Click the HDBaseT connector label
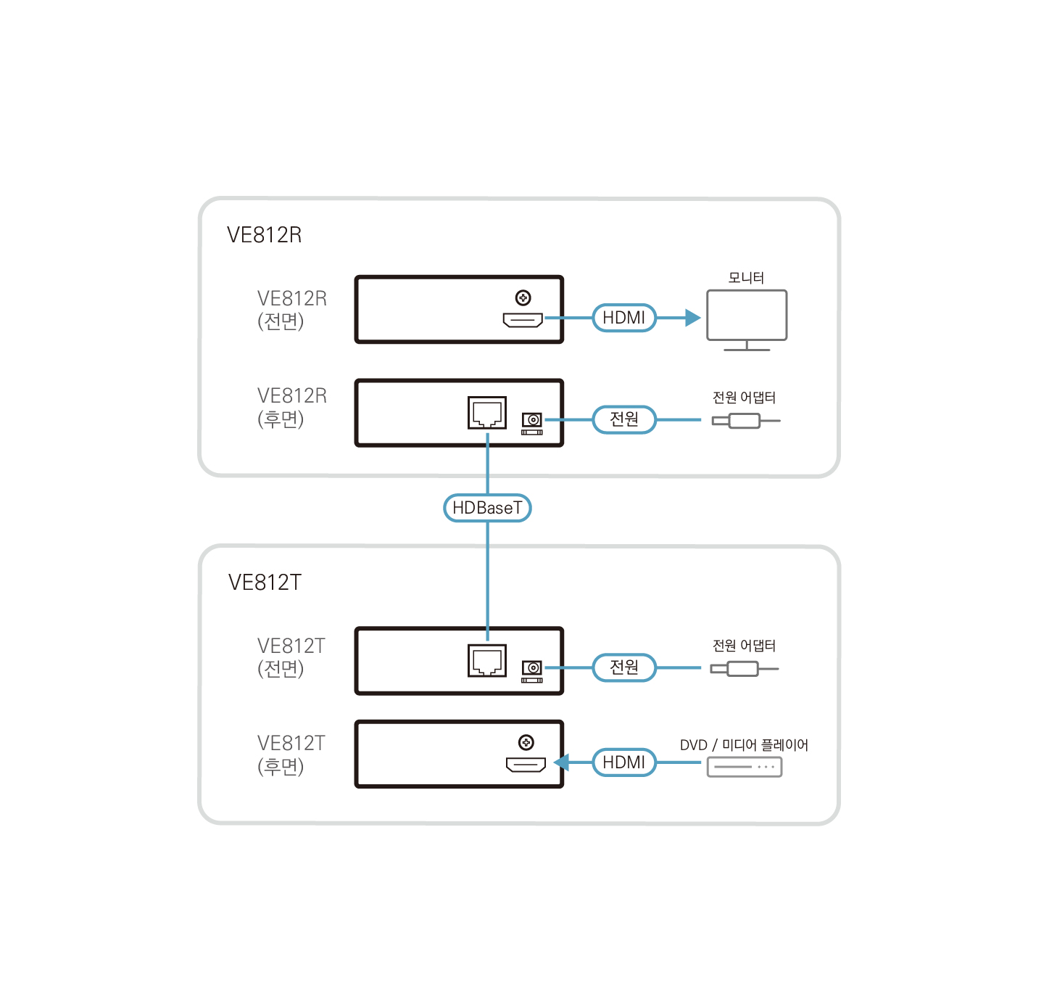click(487, 508)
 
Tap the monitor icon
click(747, 316)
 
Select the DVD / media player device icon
click(745, 767)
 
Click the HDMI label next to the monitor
click(624, 318)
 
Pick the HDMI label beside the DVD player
click(624, 762)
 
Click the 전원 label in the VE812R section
click(624, 419)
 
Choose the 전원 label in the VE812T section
click(624, 667)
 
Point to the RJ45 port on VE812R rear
click(487, 413)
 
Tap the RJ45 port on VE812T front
click(487, 661)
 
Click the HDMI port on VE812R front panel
click(523, 320)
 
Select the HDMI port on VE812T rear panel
click(526, 765)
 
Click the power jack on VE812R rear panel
click(532, 421)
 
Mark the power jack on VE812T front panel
click(532, 669)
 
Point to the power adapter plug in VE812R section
click(745, 421)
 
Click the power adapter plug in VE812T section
click(743, 669)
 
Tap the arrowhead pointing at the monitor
click(692, 318)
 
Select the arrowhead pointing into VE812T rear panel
click(562, 762)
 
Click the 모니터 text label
click(746, 278)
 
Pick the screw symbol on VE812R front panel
click(523, 297)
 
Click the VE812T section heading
click(265, 583)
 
